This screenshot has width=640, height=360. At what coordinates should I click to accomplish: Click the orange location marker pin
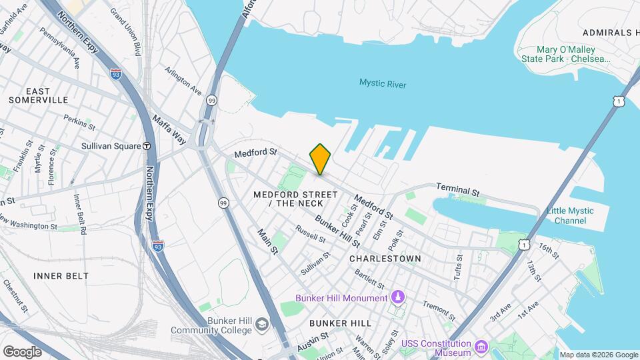(x=321, y=159)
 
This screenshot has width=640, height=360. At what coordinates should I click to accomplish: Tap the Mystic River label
(x=383, y=84)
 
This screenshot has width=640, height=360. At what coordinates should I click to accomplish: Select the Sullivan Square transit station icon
(x=147, y=146)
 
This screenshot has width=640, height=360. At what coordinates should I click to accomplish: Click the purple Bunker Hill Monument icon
(x=398, y=297)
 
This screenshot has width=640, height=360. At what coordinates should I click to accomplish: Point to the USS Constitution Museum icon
(x=481, y=346)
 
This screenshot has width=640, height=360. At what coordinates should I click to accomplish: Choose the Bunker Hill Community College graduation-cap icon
(x=262, y=325)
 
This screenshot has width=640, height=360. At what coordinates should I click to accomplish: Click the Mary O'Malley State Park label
(x=574, y=54)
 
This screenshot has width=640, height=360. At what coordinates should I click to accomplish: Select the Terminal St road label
(x=458, y=190)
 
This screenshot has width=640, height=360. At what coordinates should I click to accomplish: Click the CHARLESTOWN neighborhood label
(x=385, y=259)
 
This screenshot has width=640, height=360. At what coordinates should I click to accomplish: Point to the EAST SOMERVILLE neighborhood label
(x=38, y=95)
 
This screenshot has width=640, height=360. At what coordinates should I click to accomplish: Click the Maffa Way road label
(x=169, y=127)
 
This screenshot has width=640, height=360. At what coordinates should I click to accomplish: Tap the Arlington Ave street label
(x=183, y=80)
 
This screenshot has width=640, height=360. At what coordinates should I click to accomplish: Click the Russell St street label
(x=311, y=234)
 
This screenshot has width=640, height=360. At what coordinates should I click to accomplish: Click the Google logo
(x=22, y=351)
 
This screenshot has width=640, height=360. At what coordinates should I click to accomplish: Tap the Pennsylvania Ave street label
(x=59, y=47)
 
